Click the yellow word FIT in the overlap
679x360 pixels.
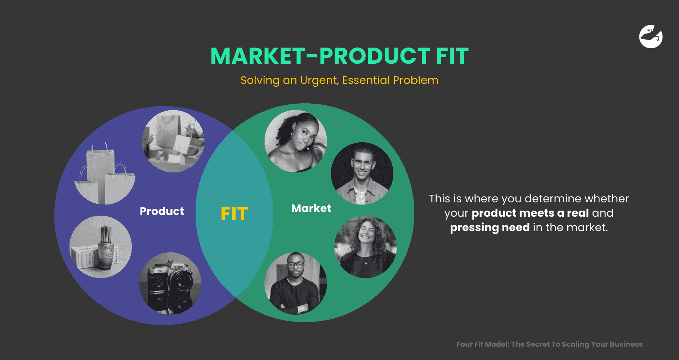coord(234,214)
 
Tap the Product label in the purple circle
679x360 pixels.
coord(162,211)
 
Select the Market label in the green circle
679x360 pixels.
coord(311,208)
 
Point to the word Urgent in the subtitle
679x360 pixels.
coord(319,80)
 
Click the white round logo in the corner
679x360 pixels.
coord(651,37)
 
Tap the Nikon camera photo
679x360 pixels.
coord(170,283)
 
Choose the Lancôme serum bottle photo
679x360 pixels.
coord(100,247)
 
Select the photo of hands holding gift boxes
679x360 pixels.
coord(173,141)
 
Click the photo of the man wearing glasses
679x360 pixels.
coord(295,283)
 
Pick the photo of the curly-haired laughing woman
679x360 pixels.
coord(365,247)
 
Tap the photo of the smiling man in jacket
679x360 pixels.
coord(362,174)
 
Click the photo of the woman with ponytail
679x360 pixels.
coord(295,141)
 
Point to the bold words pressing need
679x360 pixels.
coord(490,228)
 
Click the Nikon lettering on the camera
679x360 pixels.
coord(178,267)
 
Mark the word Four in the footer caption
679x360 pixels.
coord(464,344)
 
